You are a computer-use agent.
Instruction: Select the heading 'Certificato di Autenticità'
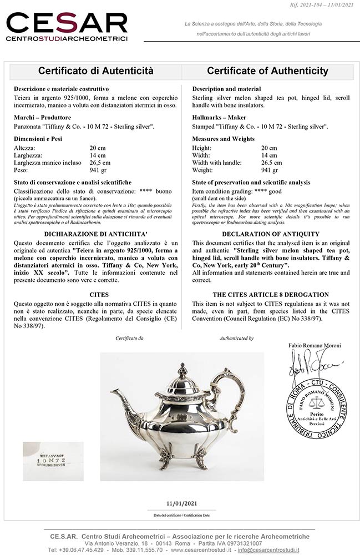pos(95,71)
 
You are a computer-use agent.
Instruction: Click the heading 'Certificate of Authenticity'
pos(267,71)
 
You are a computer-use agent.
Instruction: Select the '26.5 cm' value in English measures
pos(272,163)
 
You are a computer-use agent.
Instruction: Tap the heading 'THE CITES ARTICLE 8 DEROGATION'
pos(271,295)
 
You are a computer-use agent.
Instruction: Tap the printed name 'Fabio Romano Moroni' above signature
pos(315,345)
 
